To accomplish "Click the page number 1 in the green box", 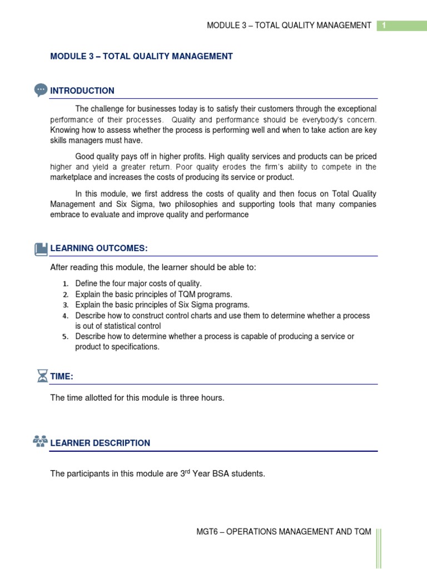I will [x=383, y=26].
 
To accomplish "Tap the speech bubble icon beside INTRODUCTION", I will [x=41, y=90].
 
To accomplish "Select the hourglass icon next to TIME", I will [x=42, y=376].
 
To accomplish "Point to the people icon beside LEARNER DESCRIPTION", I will [x=40, y=442].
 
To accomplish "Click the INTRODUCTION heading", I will [x=82, y=91].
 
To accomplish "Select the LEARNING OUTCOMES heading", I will [x=99, y=248].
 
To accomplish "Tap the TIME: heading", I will [x=62, y=377].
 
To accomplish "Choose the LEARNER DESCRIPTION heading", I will [x=100, y=443].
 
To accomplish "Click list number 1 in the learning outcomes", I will [x=65, y=284].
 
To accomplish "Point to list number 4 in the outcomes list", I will [x=65, y=316].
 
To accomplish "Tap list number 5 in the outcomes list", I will [x=65, y=337].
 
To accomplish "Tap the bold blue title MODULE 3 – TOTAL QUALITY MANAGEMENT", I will [x=141, y=56].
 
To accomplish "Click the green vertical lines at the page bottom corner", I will [x=379, y=547].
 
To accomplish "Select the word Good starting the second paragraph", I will [x=85, y=157].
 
